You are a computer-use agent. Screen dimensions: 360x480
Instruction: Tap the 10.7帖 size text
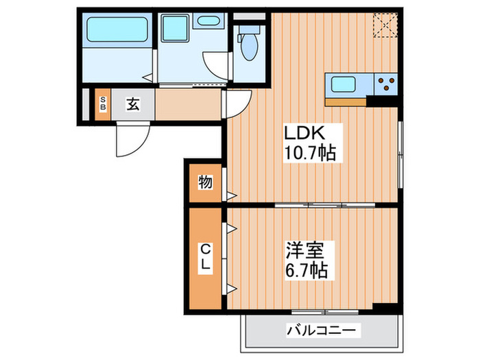click(310, 153)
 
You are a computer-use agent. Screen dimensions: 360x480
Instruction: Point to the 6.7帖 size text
click(304, 269)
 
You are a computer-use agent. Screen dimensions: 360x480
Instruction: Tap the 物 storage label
click(205, 183)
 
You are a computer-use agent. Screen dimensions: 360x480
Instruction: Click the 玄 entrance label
click(132, 105)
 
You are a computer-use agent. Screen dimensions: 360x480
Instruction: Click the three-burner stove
click(386, 84)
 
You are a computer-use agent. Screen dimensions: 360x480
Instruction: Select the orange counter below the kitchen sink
click(346, 102)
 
